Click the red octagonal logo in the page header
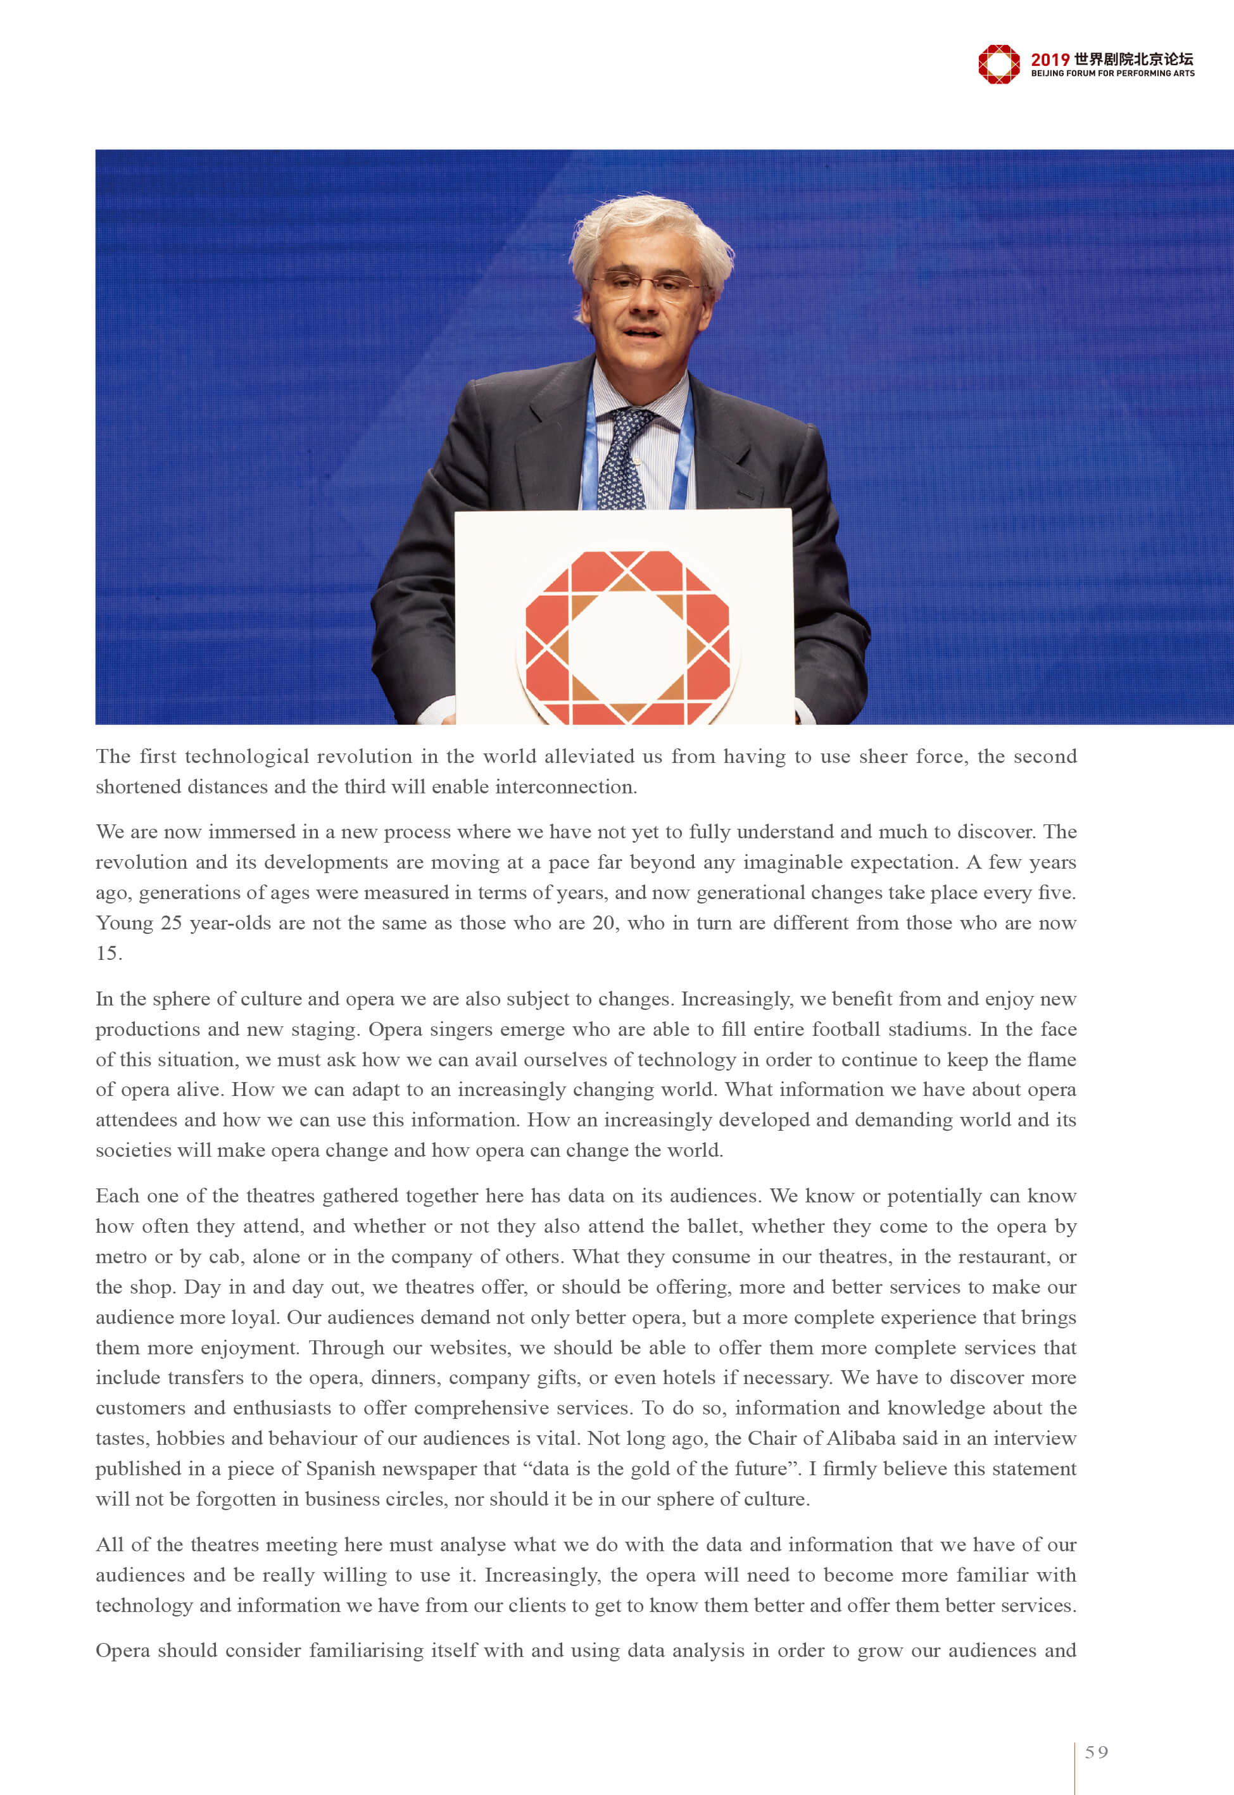998,64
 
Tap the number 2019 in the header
1050,60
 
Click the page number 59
1097,1752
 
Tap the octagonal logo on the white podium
627,637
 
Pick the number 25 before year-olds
172,923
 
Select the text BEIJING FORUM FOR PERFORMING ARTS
1112,73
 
